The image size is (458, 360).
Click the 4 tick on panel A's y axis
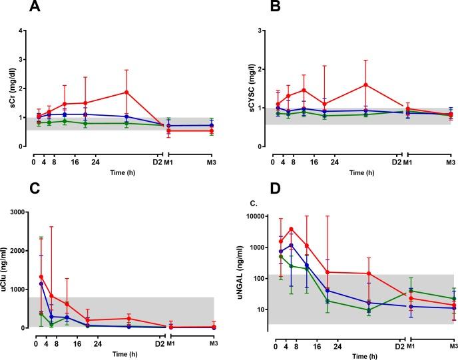23,31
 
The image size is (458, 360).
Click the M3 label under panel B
450,161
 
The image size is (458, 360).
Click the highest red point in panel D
291,230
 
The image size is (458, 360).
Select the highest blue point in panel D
291,245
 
